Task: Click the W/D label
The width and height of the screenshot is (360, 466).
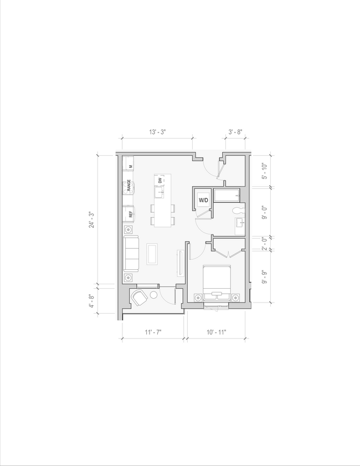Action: click(203, 200)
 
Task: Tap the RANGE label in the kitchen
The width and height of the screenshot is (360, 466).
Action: click(128, 186)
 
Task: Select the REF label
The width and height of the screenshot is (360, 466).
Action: click(130, 214)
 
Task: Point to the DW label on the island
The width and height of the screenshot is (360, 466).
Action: click(160, 181)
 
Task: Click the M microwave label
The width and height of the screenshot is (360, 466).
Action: click(131, 166)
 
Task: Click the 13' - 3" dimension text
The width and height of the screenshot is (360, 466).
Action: click(157, 132)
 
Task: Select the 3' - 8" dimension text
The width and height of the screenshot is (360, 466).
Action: click(235, 132)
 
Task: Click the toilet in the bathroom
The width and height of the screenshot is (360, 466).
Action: click(239, 210)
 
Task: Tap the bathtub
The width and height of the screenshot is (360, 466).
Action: click(226, 196)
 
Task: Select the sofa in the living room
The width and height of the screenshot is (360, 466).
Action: click(131, 253)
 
